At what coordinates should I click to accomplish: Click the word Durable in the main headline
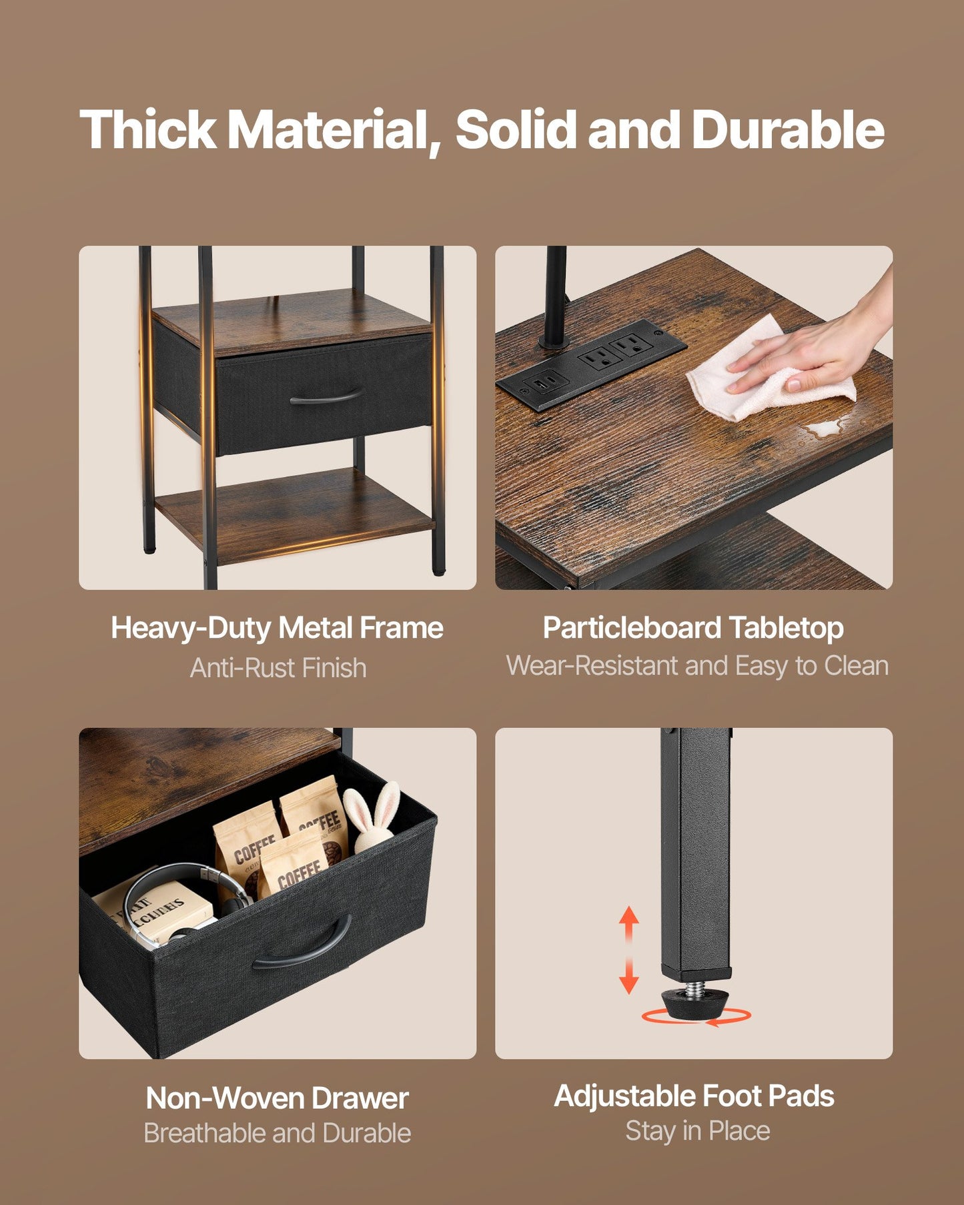[x=788, y=129]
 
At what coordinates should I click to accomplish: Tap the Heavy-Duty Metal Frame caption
[x=277, y=629]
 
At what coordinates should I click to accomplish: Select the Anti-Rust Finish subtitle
[x=278, y=668]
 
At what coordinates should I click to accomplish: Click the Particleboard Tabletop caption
[x=693, y=629]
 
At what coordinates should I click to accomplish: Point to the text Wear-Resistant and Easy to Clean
[x=697, y=666]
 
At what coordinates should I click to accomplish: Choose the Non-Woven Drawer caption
[x=277, y=1098]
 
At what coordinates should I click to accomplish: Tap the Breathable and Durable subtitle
[x=277, y=1133]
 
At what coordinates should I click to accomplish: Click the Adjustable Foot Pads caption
[x=694, y=1096]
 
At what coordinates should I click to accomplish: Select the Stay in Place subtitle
[x=697, y=1131]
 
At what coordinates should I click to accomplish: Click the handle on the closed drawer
[x=327, y=398]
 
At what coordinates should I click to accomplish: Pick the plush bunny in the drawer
[x=374, y=817]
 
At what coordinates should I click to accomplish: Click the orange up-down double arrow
[x=629, y=950]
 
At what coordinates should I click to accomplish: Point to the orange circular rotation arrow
[x=696, y=1016]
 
